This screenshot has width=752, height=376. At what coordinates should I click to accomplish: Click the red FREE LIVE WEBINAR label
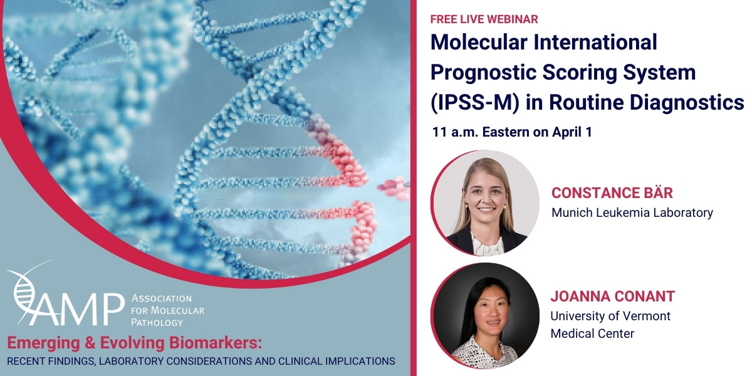click(x=484, y=19)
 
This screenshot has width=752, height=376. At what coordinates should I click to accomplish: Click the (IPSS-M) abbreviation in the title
click(x=475, y=102)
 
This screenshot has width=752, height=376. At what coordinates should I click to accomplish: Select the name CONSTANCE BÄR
click(x=612, y=193)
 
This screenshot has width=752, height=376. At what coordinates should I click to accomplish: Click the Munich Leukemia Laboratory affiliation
click(x=632, y=212)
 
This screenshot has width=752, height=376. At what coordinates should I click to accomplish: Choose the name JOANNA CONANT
click(x=613, y=296)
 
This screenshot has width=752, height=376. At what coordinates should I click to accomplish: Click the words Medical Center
click(x=593, y=333)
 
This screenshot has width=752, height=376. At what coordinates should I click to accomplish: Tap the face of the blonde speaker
click(x=486, y=198)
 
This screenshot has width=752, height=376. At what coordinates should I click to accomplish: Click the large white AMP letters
click(x=78, y=309)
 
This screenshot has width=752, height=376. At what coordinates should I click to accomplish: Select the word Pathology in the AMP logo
click(x=157, y=323)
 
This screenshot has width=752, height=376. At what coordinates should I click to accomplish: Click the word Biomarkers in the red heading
click(x=215, y=343)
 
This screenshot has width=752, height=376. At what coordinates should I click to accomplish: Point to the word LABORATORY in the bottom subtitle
click(x=132, y=361)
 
